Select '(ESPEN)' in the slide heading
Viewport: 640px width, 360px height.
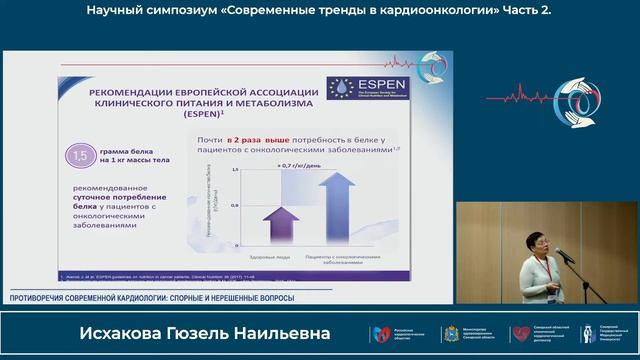click(190, 116)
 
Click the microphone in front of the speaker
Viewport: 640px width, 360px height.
click(563, 255)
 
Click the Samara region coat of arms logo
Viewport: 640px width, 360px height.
click(450, 333)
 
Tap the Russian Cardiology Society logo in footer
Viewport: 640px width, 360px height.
click(380, 333)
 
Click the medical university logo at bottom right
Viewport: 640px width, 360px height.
click(588, 333)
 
